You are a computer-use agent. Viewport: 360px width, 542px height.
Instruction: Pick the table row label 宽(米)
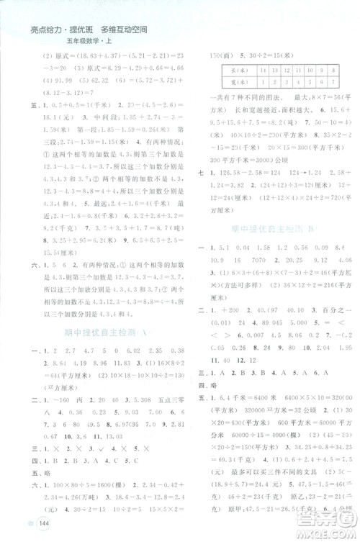click(x=232, y=82)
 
